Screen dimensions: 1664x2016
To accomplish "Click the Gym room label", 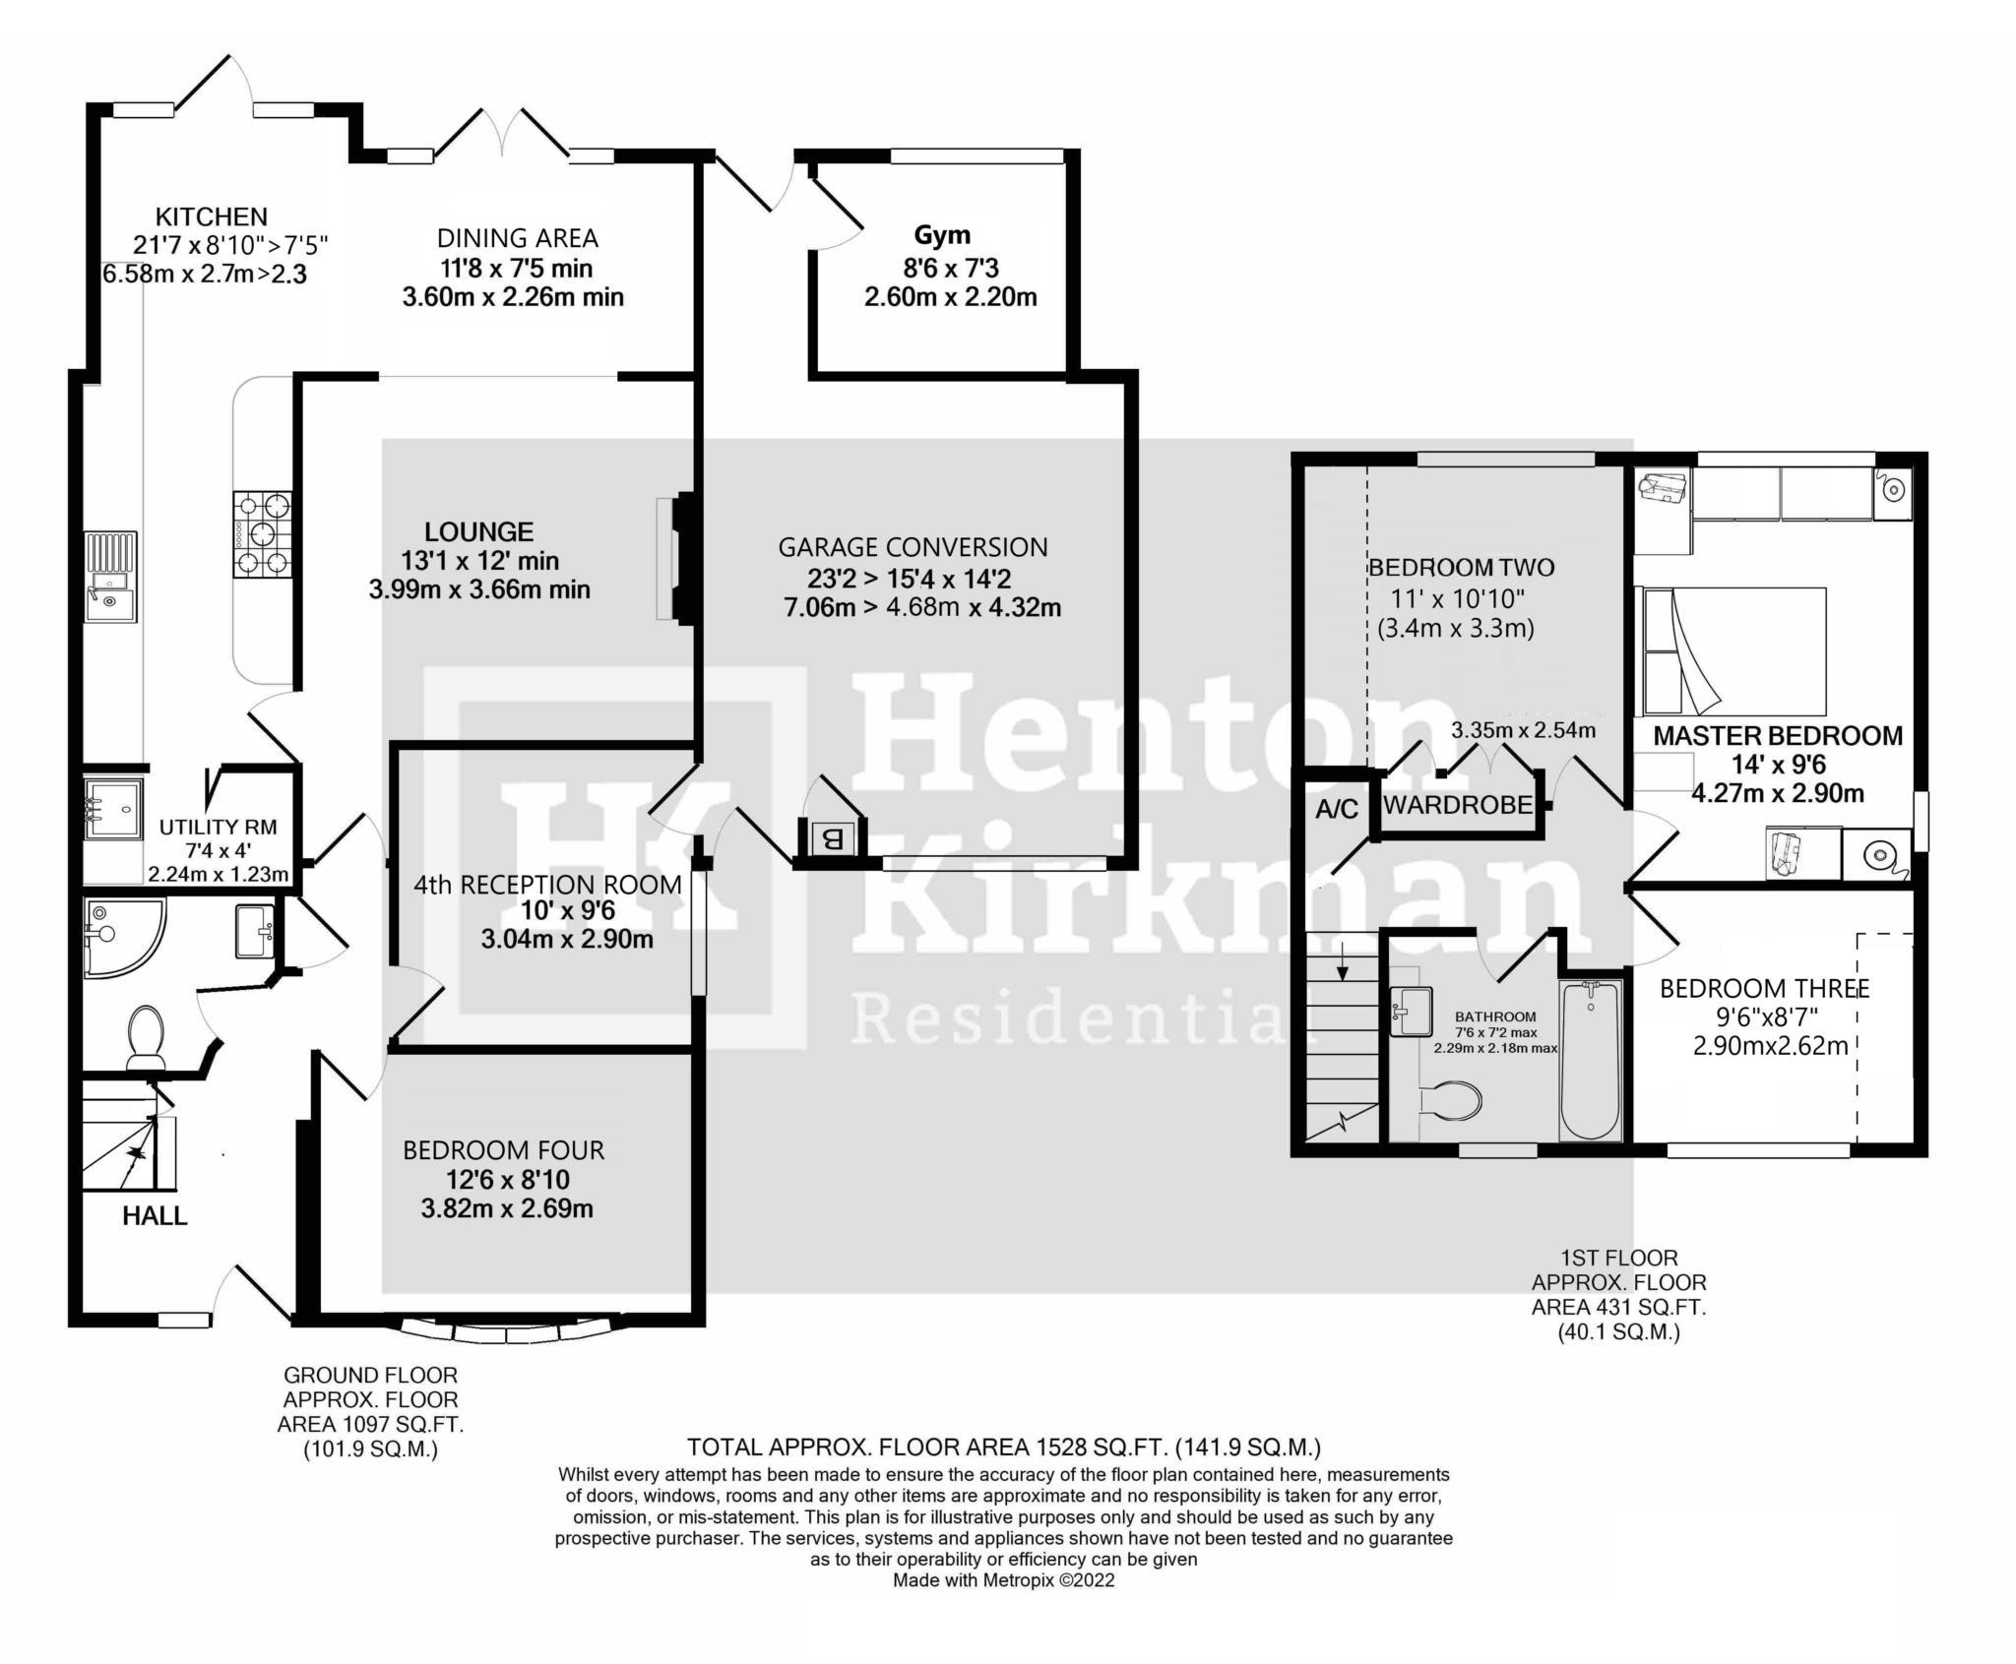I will coord(942,235).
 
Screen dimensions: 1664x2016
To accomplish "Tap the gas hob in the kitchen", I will coord(262,534).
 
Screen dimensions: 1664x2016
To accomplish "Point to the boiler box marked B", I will coord(832,839).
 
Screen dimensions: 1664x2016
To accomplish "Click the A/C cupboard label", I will coord(1337,809).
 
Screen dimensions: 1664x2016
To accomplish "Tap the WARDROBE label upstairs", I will coord(1458,804).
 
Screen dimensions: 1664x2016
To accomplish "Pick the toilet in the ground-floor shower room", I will coord(146,1034).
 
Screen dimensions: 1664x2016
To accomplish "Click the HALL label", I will coord(155,1216).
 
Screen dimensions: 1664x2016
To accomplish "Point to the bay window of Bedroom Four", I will coord(506,1330).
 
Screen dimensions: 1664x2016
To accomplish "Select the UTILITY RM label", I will coord(218,828).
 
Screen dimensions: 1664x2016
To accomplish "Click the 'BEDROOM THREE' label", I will coord(1764,988).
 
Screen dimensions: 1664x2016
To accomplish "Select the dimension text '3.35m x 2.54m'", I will coord(1523,730).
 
